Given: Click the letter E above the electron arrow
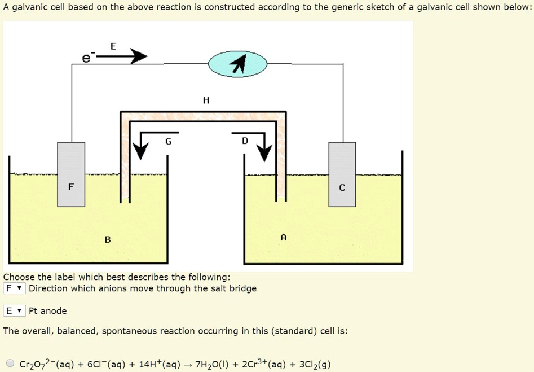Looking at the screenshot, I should click(113, 46).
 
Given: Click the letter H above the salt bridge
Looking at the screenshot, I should click(205, 100).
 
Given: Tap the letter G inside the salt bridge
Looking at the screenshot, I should click(168, 141).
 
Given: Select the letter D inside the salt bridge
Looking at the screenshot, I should click(244, 141).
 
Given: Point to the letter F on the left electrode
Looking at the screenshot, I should click(70, 187).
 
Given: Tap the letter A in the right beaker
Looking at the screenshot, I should click(284, 238).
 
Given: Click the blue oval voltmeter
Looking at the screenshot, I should click(237, 65).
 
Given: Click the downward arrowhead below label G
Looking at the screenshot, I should click(141, 152).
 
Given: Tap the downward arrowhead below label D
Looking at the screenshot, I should click(264, 152).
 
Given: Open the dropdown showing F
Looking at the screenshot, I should click(15, 288).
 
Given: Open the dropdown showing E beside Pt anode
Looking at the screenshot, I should click(15, 311).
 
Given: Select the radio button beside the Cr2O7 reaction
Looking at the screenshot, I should click(10, 364).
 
